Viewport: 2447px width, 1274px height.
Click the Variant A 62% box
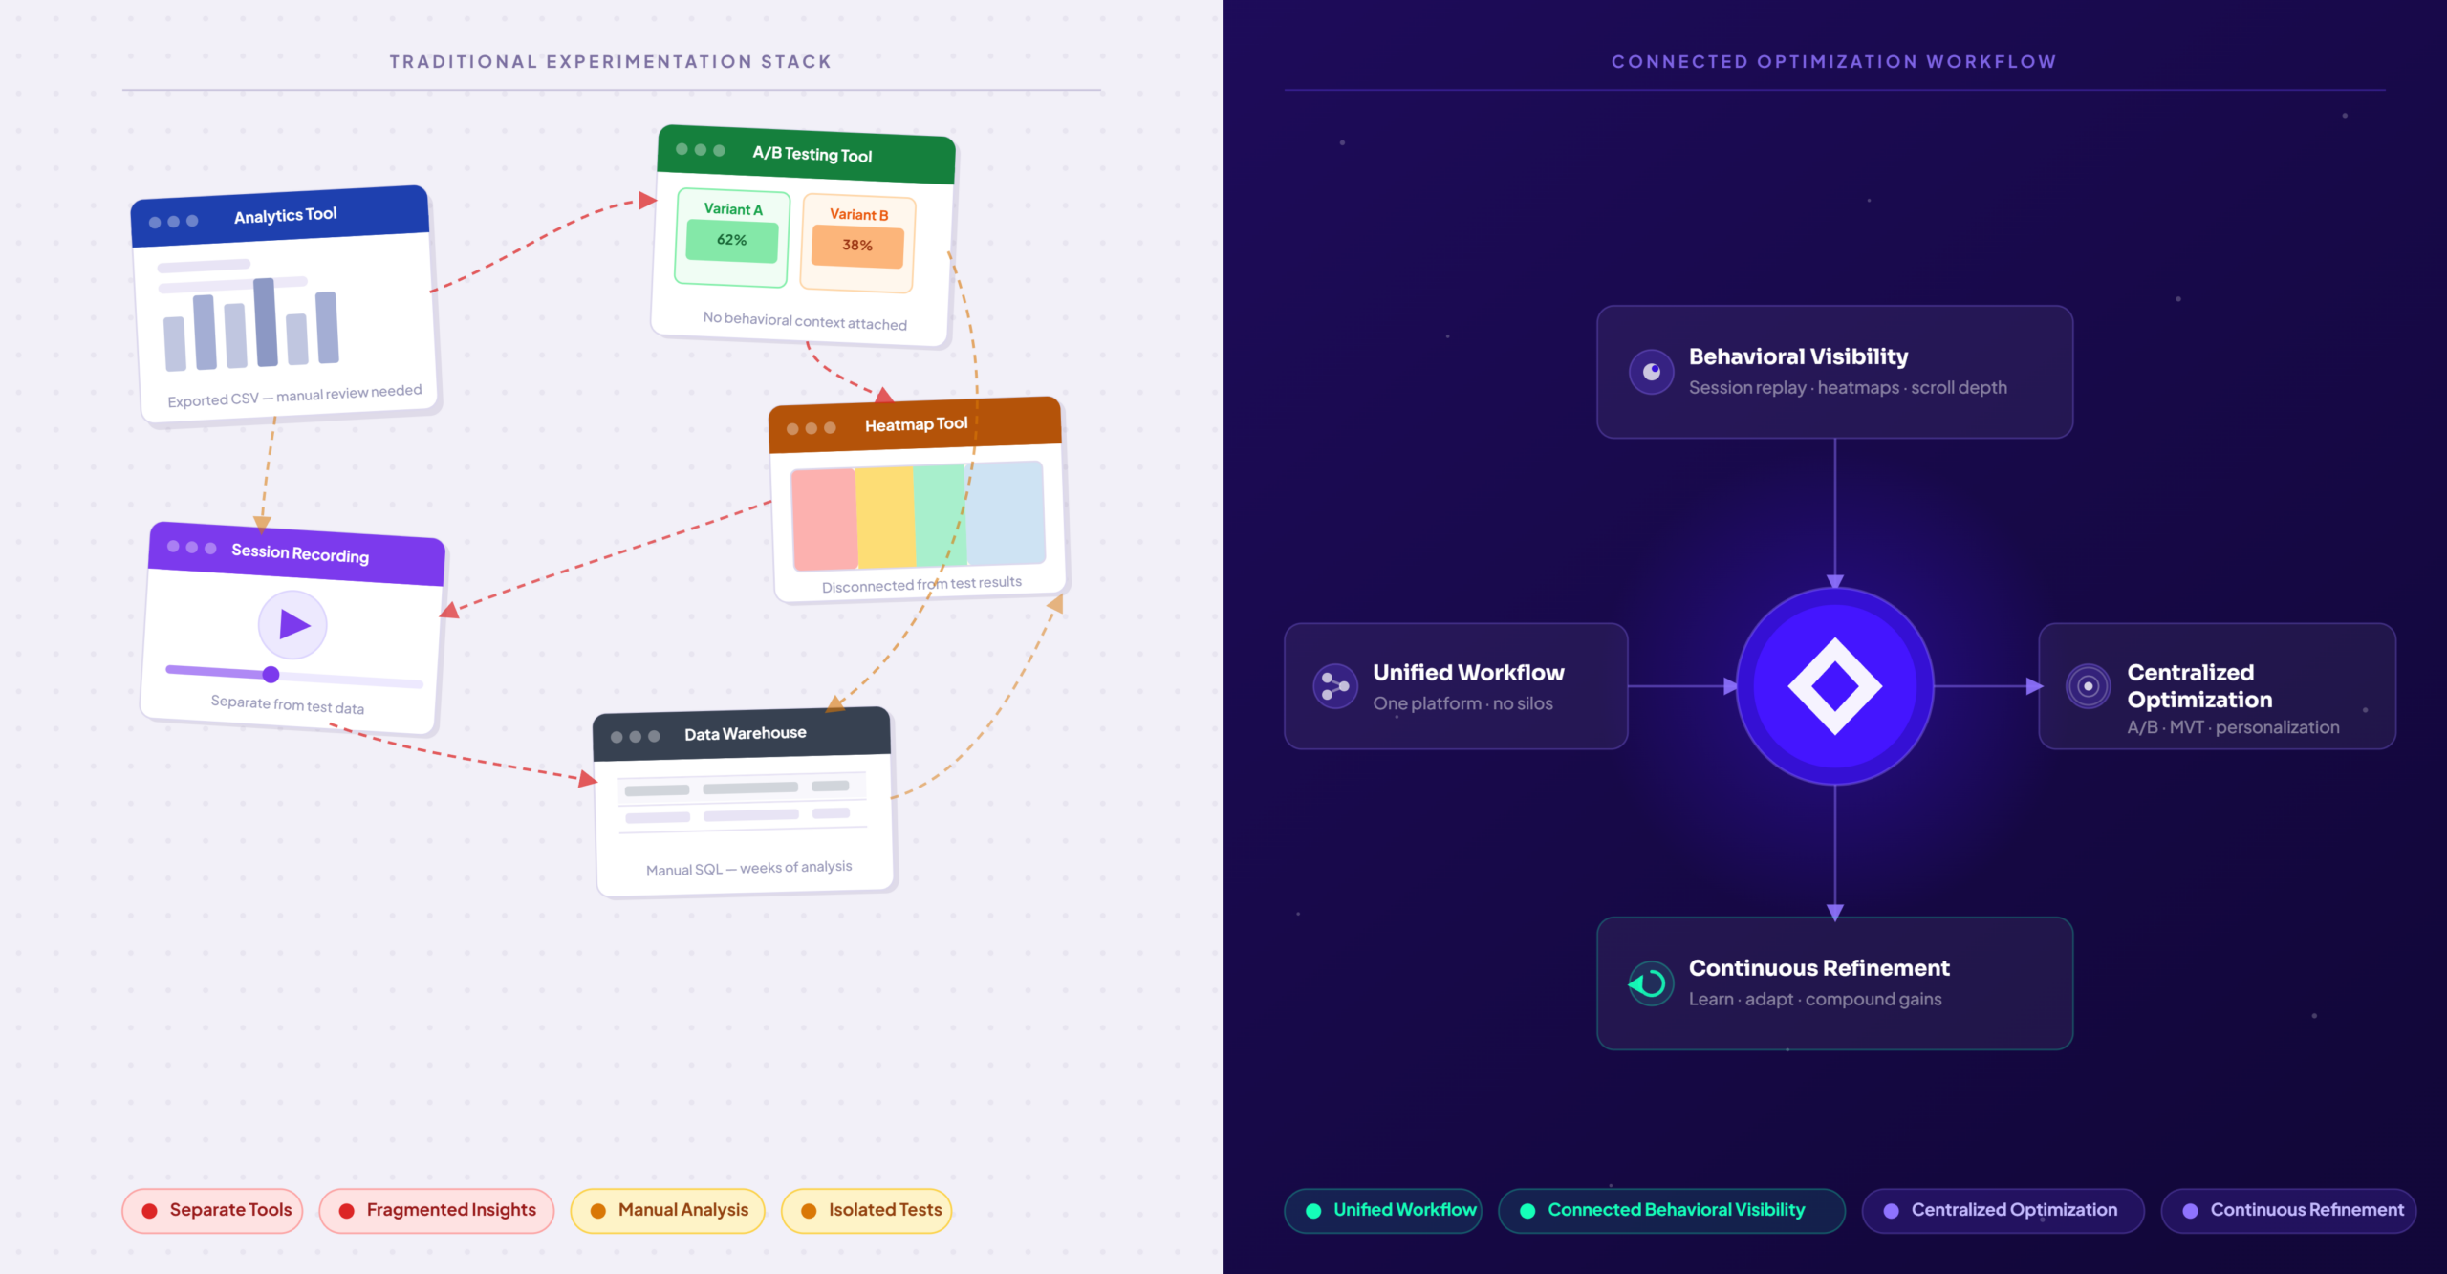(x=732, y=239)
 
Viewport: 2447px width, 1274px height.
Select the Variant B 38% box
(x=858, y=244)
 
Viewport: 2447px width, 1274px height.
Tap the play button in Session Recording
(x=292, y=625)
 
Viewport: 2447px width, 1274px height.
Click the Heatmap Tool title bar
(x=916, y=425)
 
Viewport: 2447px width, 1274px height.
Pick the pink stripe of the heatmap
(x=824, y=519)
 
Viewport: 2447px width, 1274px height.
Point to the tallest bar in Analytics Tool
(x=266, y=322)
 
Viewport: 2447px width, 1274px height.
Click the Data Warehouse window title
(x=746, y=733)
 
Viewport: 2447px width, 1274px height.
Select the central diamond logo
(x=1835, y=686)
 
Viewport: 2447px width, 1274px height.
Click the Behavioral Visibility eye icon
(x=1652, y=372)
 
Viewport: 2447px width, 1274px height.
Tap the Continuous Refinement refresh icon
(x=1651, y=983)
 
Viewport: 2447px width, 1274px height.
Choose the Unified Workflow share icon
(x=1335, y=686)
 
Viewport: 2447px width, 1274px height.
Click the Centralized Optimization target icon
(x=2089, y=686)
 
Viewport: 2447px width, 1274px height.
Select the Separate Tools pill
(x=212, y=1210)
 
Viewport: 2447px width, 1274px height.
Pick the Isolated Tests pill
(x=866, y=1210)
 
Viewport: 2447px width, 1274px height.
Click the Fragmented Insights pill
(x=437, y=1210)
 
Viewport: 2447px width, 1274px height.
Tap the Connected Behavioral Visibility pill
(x=1671, y=1210)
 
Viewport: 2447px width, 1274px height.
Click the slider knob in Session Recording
(x=271, y=675)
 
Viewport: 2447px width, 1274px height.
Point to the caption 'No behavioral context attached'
(x=805, y=320)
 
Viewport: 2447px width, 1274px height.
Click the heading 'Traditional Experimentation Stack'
(x=611, y=62)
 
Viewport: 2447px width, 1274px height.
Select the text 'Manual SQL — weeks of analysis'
(x=749, y=868)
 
